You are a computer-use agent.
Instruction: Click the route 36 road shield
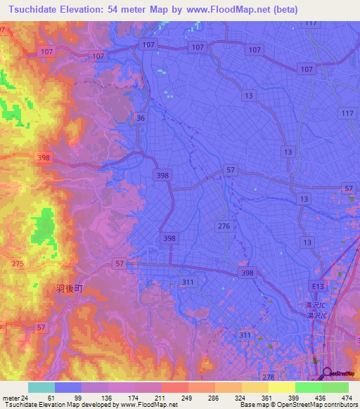(x=141, y=119)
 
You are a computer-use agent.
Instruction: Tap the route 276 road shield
(x=224, y=226)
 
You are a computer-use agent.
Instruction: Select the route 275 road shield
(x=18, y=263)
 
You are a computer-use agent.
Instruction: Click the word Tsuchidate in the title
(x=32, y=10)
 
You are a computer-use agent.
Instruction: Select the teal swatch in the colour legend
(x=41, y=387)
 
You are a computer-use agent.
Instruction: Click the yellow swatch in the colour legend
(x=281, y=387)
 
